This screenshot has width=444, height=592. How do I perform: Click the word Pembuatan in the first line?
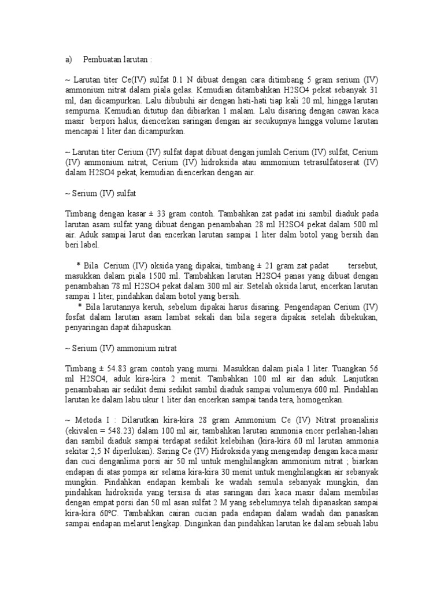coord(102,60)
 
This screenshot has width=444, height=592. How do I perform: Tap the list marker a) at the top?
coord(69,60)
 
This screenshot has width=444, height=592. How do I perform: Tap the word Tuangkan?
coord(338,368)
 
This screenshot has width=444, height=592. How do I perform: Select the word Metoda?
coord(92,419)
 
